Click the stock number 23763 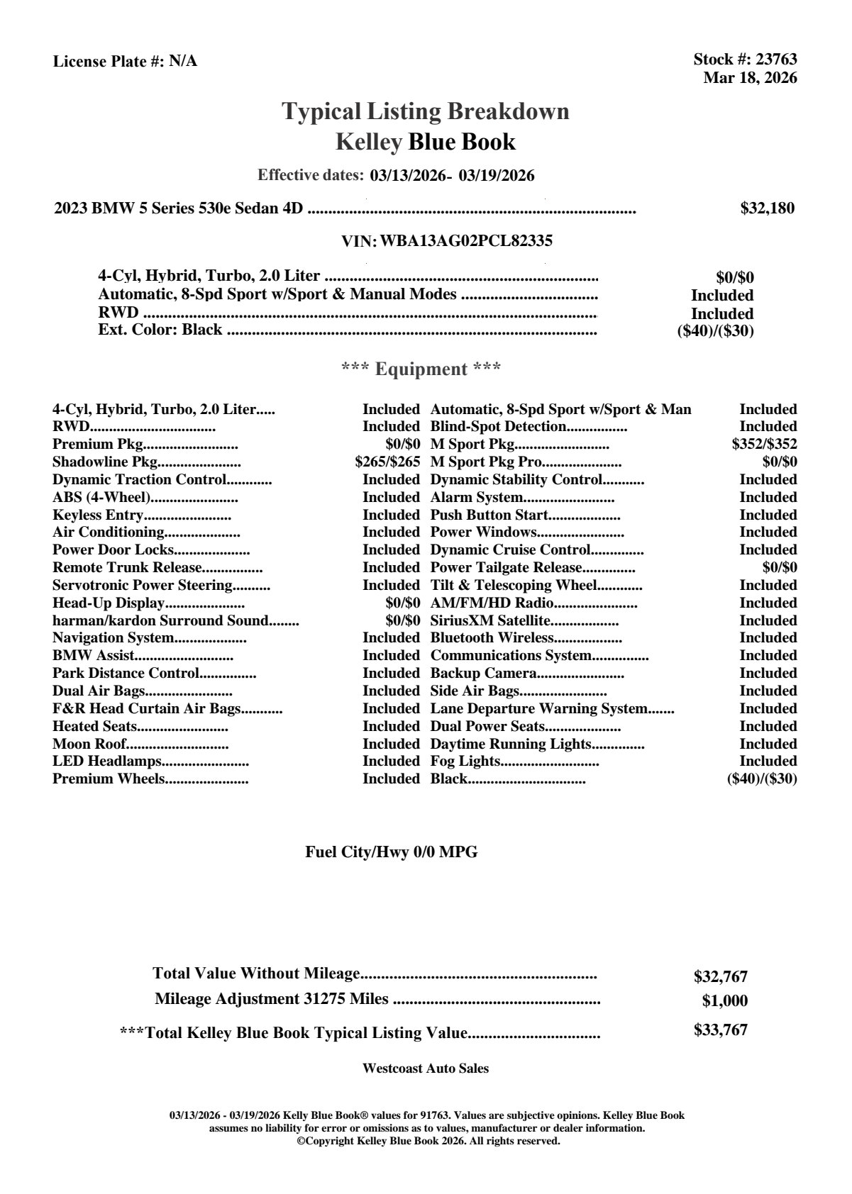[x=777, y=60]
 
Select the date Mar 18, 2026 [x=750, y=77]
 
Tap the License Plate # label [x=109, y=61]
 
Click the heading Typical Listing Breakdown [x=426, y=111]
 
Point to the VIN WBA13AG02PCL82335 [x=466, y=241]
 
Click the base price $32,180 [x=768, y=208]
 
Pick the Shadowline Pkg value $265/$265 [x=387, y=462]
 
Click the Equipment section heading [x=421, y=369]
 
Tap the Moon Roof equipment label [x=89, y=744]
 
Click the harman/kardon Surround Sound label [x=160, y=620]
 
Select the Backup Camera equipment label [x=484, y=673]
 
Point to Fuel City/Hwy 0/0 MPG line [x=392, y=852]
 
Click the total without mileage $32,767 [x=721, y=976]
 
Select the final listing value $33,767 [x=721, y=1030]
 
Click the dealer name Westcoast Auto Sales [x=426, y=1069]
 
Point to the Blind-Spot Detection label [x=498, y=427]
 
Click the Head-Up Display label [x=109, y=603]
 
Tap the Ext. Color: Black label [x=160, y=330]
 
